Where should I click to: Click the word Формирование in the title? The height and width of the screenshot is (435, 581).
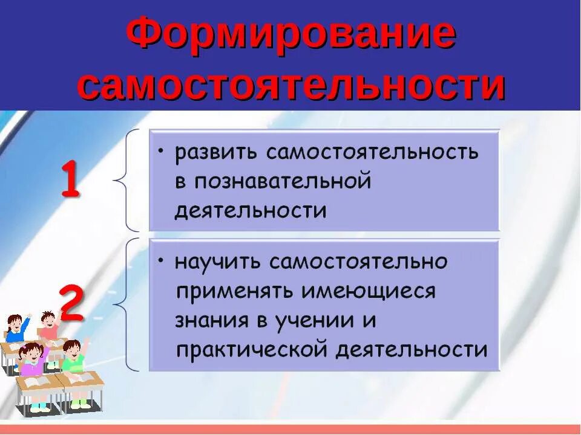pos(290,35)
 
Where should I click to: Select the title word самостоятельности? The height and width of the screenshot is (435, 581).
pos(290,86)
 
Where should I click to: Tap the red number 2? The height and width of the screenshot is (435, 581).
pos(71,304)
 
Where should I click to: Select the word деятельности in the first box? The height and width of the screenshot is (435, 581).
pos(251,210)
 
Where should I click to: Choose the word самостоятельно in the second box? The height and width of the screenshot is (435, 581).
pos(359,262)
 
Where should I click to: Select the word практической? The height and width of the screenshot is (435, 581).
pos(251,350)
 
